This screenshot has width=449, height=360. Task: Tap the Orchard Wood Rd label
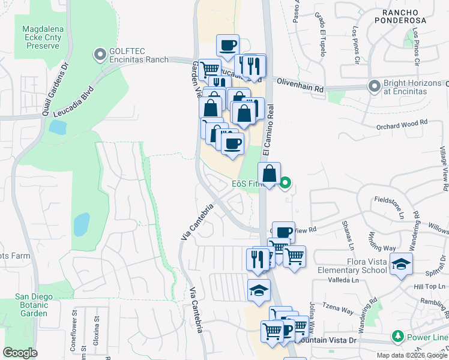pos(402,123)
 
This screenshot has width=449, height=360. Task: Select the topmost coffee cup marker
pos(228,46)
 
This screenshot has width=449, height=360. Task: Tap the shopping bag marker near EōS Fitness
pos(270,175)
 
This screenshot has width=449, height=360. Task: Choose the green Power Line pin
pos(396,336)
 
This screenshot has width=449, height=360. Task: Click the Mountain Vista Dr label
pos(329,340)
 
